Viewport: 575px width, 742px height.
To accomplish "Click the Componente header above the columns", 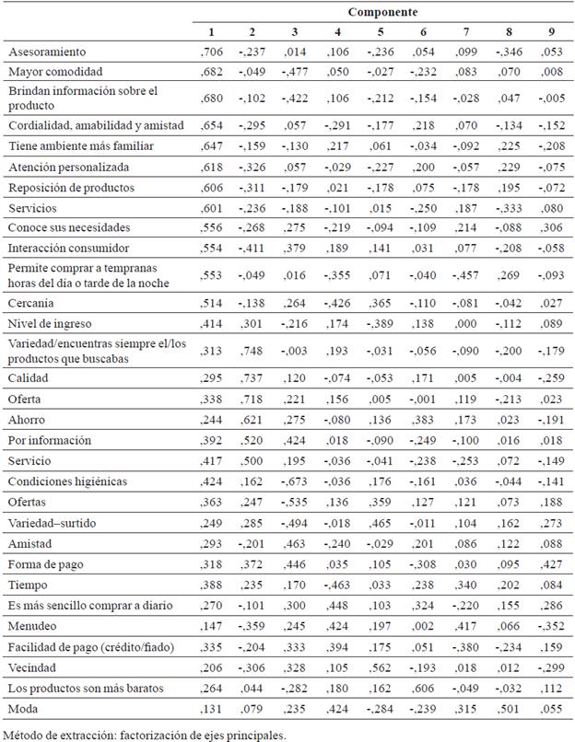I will tap(382, 12).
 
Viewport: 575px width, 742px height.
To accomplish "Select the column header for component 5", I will tap(381, 34).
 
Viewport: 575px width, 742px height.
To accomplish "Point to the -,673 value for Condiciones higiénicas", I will tap(295, 481).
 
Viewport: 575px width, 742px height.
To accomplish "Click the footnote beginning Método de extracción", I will tap(144, 733).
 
